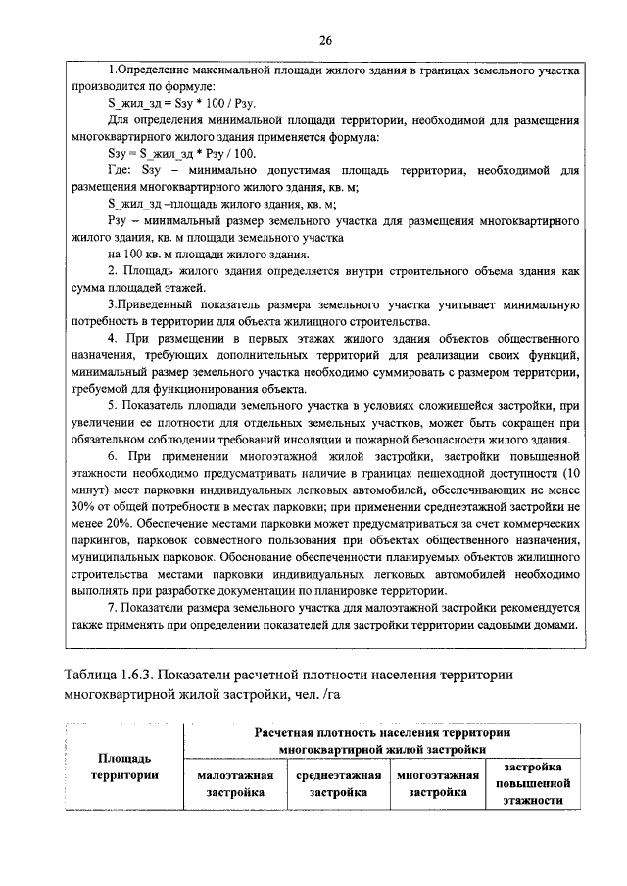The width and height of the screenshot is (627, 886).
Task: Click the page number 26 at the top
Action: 324,39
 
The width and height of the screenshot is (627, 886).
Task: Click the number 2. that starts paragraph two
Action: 113,270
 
